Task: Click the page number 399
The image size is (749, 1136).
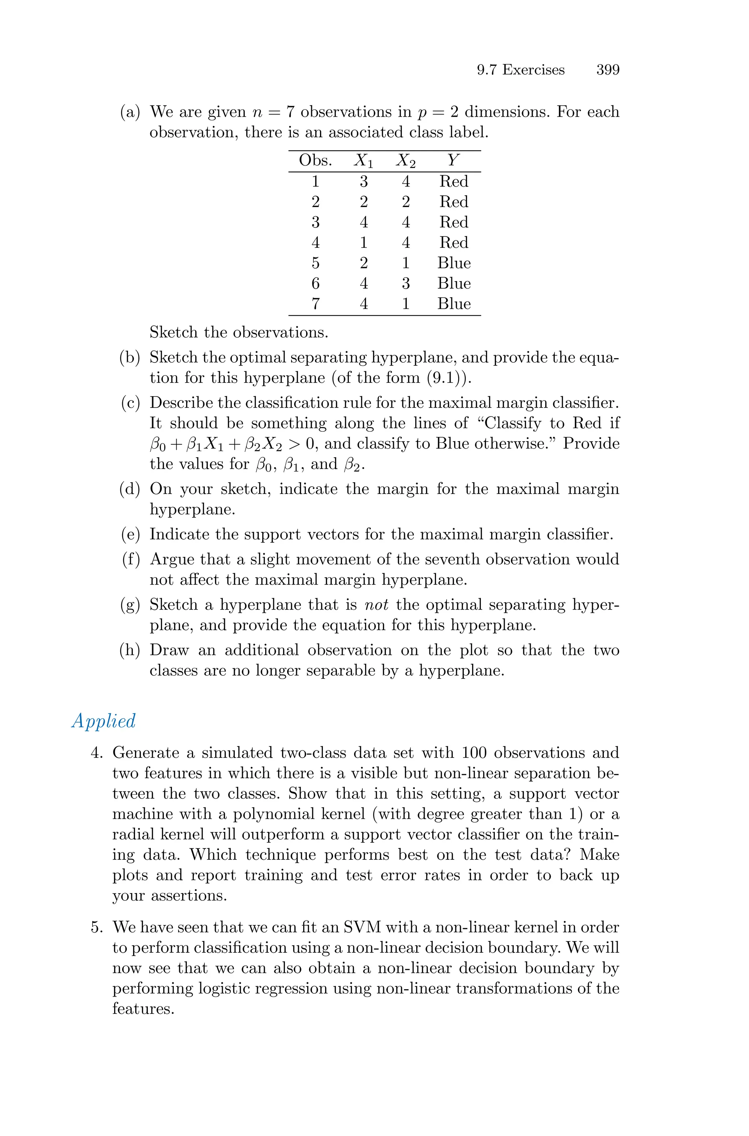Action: [x=607, y=70]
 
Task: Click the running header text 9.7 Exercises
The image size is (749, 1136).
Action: [x=521, y=70]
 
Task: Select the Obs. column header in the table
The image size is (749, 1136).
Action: [x=315, y=161]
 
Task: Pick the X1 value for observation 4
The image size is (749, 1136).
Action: [x=364, y=243]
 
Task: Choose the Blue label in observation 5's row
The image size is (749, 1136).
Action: [x=454, y=263]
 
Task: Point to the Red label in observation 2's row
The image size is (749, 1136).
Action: [x=454, y=202]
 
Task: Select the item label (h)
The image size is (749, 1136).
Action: [x=130, y=651]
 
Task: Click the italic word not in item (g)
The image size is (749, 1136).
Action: [x=376, y=605]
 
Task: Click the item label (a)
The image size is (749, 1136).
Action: [x=130, y=112]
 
